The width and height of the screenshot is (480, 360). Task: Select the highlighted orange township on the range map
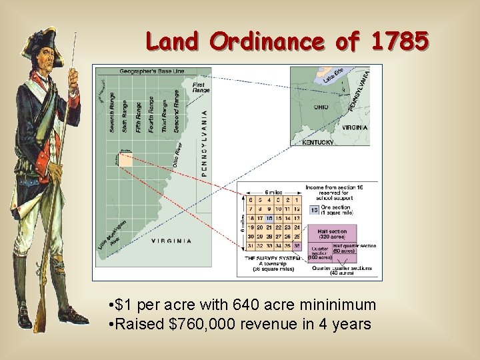point(125,158)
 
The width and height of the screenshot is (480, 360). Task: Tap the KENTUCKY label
point(318,142)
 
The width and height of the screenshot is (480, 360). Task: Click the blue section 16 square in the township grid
point(269,218)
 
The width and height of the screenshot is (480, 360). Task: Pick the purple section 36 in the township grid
point(297,246)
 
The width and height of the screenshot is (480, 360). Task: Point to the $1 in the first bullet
point(122,306)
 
